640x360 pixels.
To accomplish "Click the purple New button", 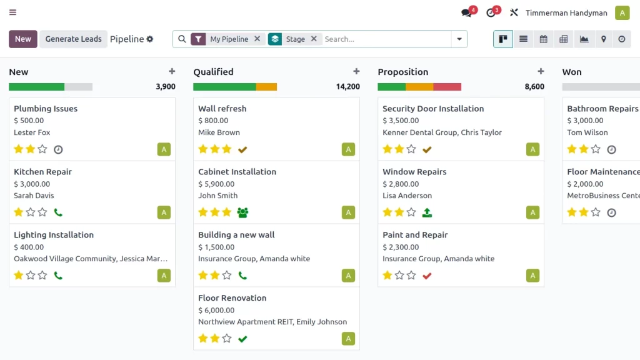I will [23, 39].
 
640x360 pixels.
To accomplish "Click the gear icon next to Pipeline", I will [150, 39].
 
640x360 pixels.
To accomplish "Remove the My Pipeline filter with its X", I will [257, 39].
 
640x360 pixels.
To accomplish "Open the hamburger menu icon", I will [13, 12].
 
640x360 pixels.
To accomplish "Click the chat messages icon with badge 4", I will [466, 12].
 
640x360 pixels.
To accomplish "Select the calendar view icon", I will [544, 39].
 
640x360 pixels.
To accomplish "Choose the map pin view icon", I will [604, 39].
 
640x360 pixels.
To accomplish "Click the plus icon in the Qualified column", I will [356, 71].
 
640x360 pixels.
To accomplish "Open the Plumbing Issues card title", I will [46, 109].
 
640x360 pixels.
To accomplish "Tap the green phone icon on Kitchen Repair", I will [58, 212].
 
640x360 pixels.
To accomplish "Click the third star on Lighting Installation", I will [42, 275].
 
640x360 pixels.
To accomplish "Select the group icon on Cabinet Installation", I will [243, 212].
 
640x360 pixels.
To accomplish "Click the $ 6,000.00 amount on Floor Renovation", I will [216, 310].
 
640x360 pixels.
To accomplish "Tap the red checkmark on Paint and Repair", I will [427, 276].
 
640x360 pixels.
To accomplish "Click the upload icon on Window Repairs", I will [427, 212].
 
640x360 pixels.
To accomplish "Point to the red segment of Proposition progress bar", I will [447, 87].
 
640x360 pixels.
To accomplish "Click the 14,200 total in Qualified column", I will [348, 87].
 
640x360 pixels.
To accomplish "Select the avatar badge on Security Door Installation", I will [532, 149].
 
